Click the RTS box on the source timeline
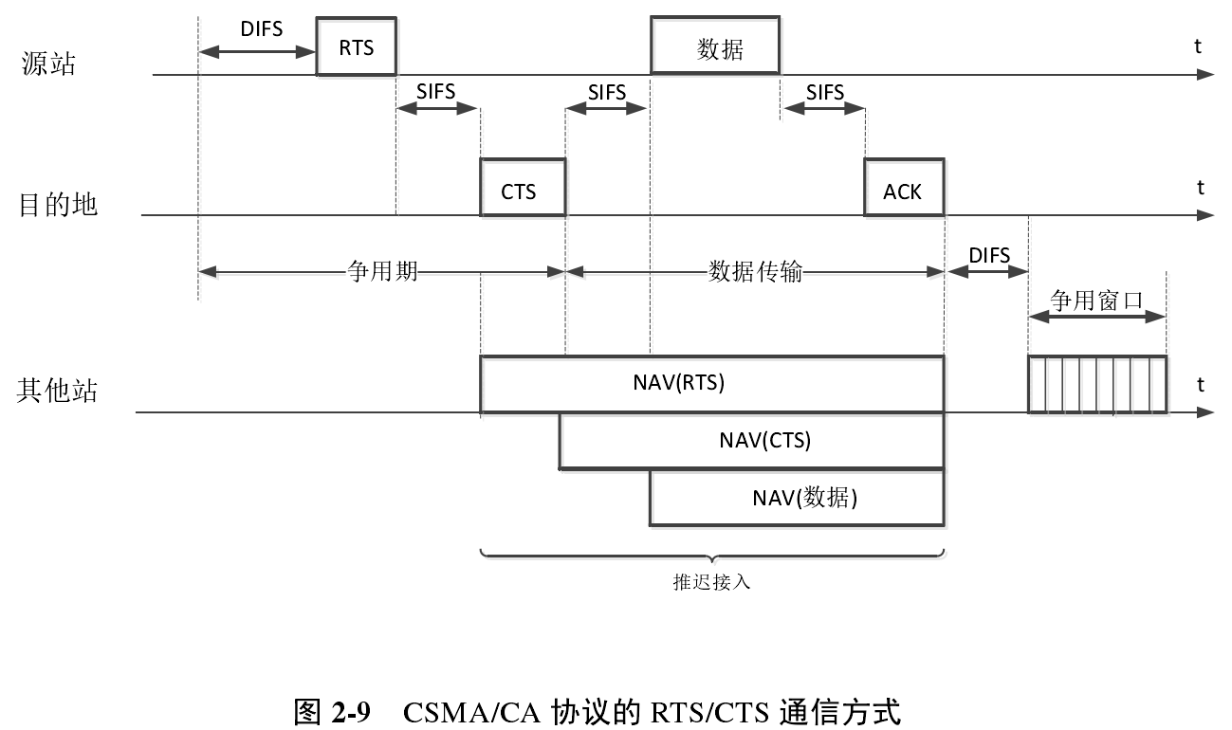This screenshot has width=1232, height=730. [357, 46]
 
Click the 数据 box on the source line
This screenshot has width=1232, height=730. [715, 46]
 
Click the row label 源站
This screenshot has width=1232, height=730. [48, 64]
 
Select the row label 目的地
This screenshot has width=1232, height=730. [58, 205]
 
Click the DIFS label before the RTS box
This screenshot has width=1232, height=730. [261, 29]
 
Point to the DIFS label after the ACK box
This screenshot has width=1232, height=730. [988, 255]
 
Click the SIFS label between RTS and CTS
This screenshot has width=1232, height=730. [436, 92]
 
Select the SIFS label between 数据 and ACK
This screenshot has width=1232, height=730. [825, 92]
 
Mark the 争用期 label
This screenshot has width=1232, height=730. [382, 272]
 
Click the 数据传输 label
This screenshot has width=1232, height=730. [756, 272]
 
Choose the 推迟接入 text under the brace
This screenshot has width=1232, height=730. [711, 582]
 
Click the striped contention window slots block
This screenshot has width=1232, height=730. [1096, 385]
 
